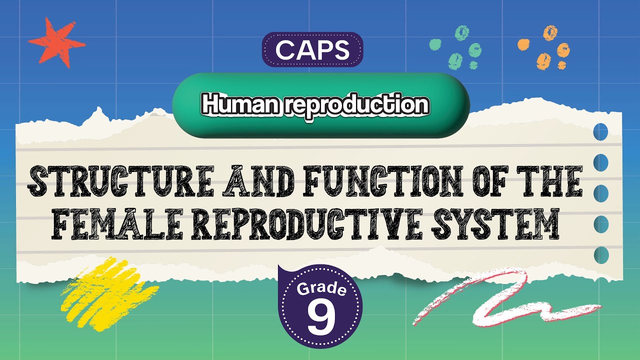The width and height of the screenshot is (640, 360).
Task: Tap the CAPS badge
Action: (x=312, y=49)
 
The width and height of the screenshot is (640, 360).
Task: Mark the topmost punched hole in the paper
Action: (x=600, y=132)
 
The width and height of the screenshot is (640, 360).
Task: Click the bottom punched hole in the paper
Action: (x=600, y=254)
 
